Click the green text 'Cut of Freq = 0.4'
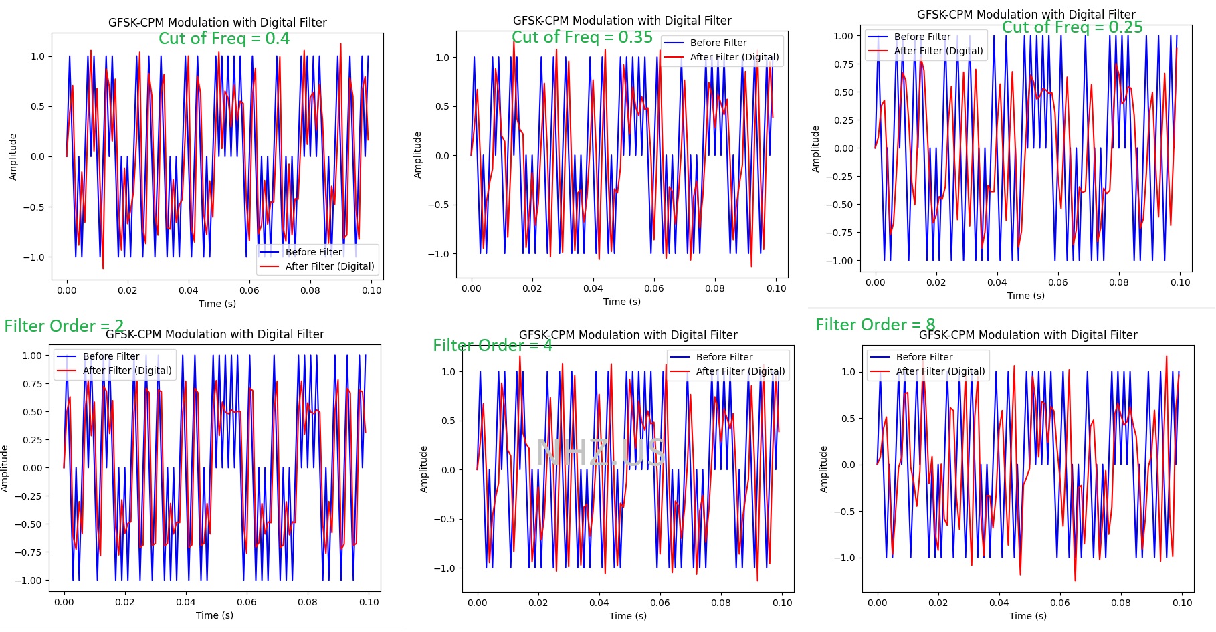point(224,39)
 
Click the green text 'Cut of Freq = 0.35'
point(582,37)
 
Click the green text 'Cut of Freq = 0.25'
point(1072,27)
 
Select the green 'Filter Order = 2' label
point(64,326)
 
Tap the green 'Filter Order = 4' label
point(493,346)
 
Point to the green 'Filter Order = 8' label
point(876,325)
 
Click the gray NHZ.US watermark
point(601,453)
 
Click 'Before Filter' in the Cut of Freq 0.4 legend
point(314,252)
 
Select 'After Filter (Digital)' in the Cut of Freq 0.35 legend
point(734,58)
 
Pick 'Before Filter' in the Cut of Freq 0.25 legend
point(922,37)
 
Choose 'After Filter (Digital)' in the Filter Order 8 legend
point(940,371)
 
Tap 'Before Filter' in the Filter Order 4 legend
point(724,357)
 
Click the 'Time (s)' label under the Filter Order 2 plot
point(215,615)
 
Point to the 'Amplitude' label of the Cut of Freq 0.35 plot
point(418,154)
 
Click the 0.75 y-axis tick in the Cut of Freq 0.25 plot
point(843,64)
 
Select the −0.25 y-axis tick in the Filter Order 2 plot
point(28,496)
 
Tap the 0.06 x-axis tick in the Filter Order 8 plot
point(1060,603)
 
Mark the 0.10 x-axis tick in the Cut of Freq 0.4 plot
point(372,290)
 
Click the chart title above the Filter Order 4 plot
point(628,335)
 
